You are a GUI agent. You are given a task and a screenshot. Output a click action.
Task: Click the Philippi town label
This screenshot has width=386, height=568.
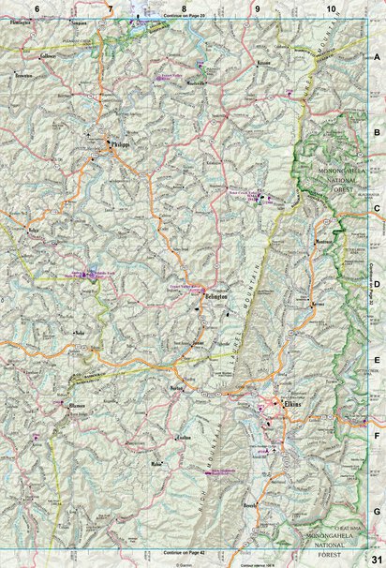tap(119, 145)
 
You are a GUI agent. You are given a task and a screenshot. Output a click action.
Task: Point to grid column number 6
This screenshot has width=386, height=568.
tap(37, 7)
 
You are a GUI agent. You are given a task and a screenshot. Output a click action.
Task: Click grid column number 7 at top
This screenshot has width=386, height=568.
tap(110, 7)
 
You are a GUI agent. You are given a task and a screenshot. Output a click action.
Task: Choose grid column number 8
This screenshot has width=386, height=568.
tap(184, 7)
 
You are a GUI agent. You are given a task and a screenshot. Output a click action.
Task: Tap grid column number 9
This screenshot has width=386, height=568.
tap(257, 7)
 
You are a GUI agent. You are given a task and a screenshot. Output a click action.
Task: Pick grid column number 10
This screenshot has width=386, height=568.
tap(331, 7)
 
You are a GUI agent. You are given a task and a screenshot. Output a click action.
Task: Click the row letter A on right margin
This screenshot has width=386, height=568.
tap(377, 58)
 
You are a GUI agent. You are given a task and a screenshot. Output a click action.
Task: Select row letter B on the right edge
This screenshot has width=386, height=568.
tap(377, 134)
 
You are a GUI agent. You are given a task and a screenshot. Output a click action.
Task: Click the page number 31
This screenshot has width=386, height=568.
tap(374, 559)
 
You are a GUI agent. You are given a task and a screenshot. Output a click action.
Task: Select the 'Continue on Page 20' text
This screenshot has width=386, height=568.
tap(183, 17)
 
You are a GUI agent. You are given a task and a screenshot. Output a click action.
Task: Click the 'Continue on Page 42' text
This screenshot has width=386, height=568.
tap(183, 553)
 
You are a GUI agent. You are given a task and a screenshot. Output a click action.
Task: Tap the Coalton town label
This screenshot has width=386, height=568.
tap(183, 436)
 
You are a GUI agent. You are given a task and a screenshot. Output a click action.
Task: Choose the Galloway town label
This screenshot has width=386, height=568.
tap(49, 55)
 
